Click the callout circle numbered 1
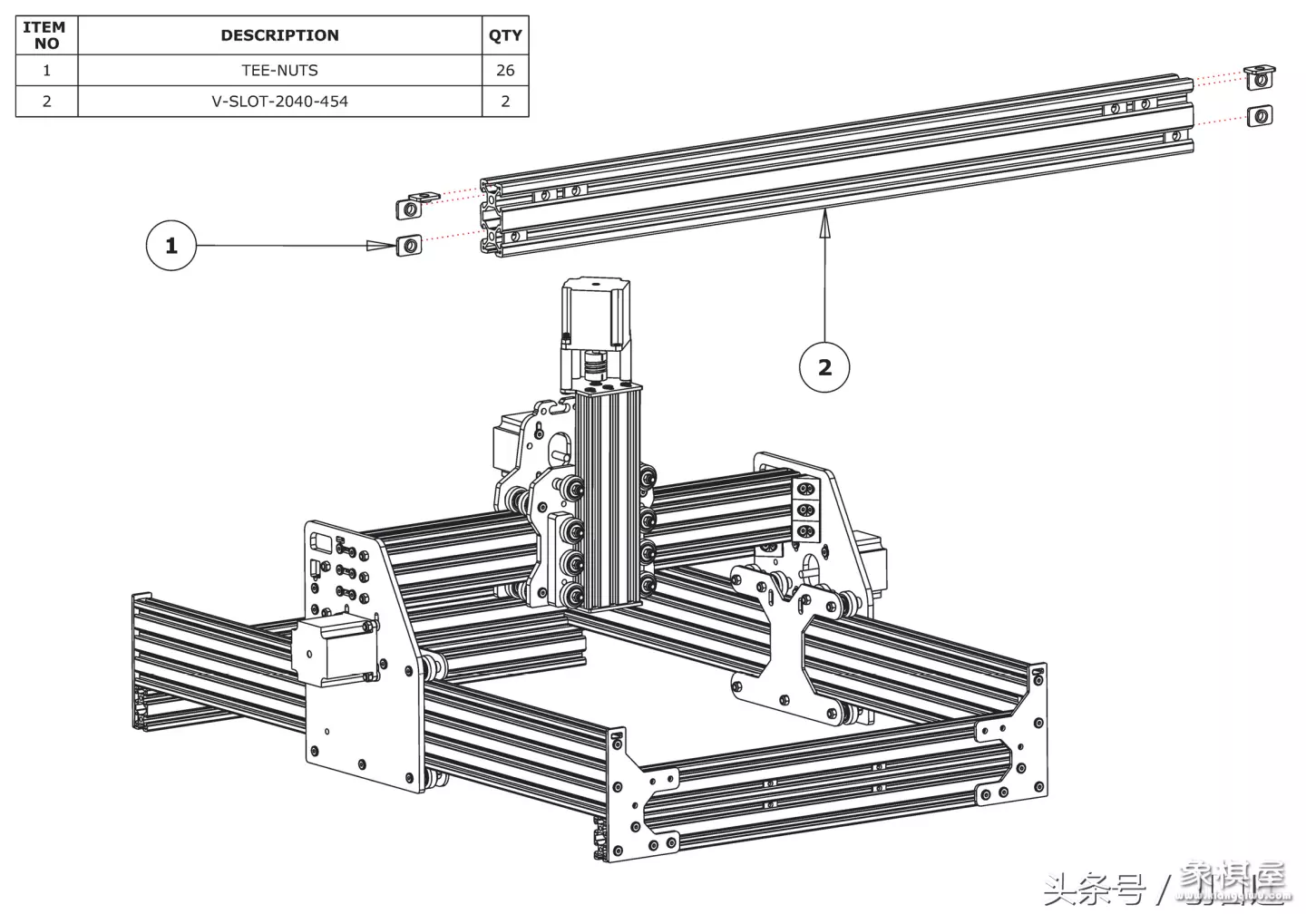(171, 246)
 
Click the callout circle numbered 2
(824, 367)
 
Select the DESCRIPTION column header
(279, 35)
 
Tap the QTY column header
(505, 35)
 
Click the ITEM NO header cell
(46, 35)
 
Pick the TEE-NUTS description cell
(279, 70)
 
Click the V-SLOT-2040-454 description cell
(279, 101)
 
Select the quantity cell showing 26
(505, 70)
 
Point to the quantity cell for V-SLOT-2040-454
(505, 101)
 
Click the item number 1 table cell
(46, 70)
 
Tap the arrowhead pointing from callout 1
(376, 246)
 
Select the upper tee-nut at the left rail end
(411, 208)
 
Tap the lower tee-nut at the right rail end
(1260, 115)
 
